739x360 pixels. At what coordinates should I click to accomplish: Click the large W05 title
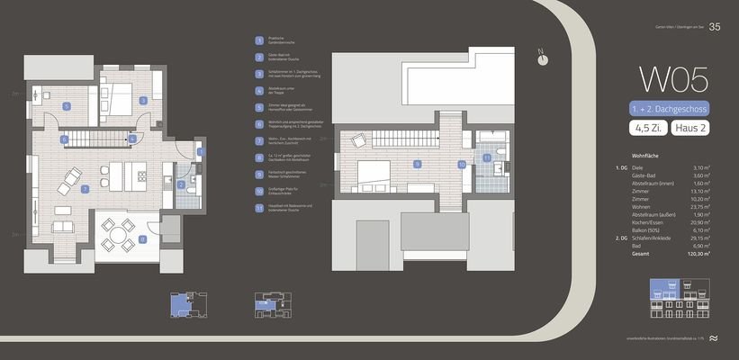click(672, 79)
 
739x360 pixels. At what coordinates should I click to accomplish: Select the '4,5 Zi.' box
click(647, 130)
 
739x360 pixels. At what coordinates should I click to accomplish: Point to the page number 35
click(715, 26)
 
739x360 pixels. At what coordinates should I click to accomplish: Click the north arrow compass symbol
click(542, 57)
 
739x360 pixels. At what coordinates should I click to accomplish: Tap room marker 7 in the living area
click(85, 190)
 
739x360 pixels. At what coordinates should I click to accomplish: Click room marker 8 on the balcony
click(143, 238)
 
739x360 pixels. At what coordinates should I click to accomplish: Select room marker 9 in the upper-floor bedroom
click(417, 164)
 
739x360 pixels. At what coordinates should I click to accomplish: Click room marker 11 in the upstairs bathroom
click(487, 157)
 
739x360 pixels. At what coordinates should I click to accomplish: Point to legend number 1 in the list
click(259, 40)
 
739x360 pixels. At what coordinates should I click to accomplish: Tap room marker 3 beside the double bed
click(143, 100)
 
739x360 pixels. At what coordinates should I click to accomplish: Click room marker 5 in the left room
click(66, 106)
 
